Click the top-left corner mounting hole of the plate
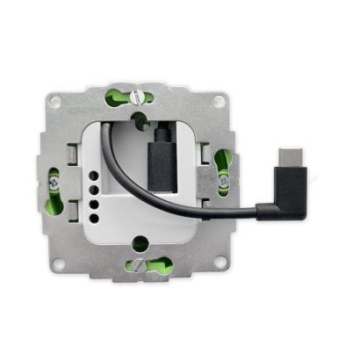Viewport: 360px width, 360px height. tap(56, 102)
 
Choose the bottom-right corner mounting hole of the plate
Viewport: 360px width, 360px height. tap(220, 260)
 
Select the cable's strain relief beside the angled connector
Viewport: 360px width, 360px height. tap(264, 210)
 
